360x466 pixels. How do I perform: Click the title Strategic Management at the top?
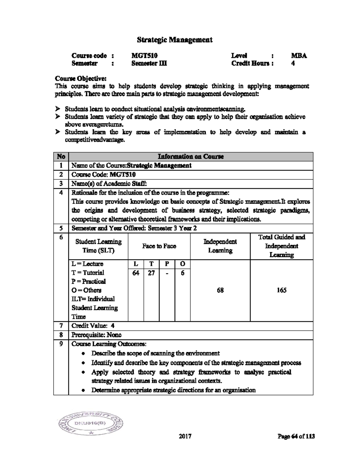tap(175, 40)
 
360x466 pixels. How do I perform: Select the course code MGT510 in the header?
tap(144, 56)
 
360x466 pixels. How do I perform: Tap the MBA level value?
tap(299, 56)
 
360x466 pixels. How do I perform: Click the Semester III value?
tap(149, 63)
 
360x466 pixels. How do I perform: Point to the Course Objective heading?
tap(80, 79)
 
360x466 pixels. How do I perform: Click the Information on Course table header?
tap(191, 157)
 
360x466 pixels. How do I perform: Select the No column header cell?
tap(61, 157)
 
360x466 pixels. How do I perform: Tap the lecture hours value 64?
tap(136, 273)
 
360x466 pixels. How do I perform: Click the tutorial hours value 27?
tap(151, 273)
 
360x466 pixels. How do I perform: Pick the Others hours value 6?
tap(182, 273)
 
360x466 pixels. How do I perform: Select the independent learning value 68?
tap(220, 290)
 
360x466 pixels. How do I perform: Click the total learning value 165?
tap(281, 290)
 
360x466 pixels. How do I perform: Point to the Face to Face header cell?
tap(159, 246)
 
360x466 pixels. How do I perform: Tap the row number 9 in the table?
tap(61, 344)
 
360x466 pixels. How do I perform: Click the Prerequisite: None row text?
tap(97, 335)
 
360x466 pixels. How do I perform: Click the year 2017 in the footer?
tap(185, 436)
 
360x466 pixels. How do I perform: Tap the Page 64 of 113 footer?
tap(296, 436)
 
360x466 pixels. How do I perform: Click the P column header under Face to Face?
tap(167, 264)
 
